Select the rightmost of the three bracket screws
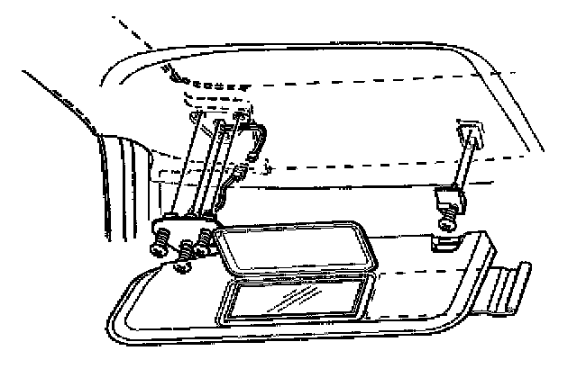(x=206, y=239)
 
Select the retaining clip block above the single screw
(x=448, y=198)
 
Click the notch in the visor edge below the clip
(x=444, y=243)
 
